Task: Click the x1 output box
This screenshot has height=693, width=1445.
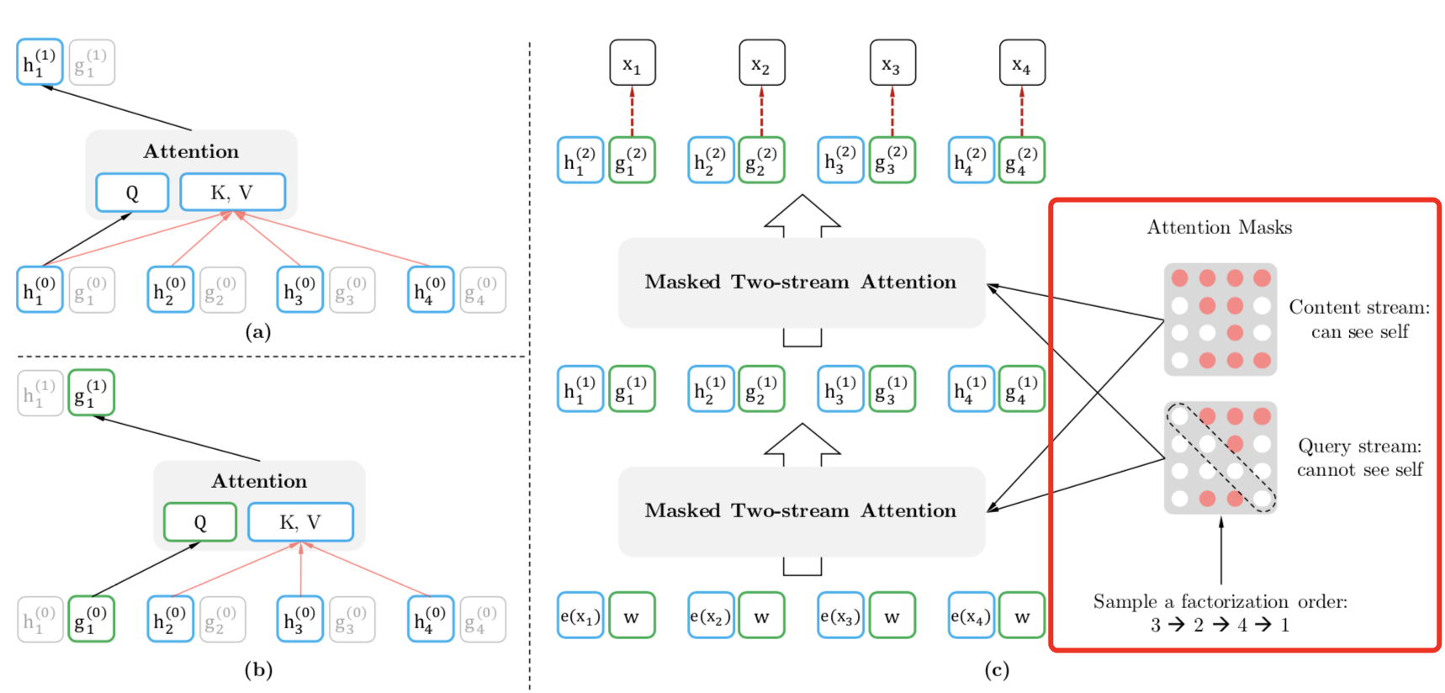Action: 632,63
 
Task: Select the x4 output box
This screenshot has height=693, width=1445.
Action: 1022,63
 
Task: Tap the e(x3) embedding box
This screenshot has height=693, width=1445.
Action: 840,616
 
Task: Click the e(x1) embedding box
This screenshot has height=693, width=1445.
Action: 580,616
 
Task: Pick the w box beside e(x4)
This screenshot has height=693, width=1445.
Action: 1022,616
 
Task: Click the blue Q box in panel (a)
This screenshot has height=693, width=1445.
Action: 132,193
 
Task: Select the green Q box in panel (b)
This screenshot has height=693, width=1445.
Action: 200,522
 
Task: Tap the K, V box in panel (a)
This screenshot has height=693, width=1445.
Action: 232,193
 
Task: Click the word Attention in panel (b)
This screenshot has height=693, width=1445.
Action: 259,481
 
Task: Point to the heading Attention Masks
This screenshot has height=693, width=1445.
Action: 1219,227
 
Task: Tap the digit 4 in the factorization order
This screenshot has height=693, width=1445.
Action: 1241,625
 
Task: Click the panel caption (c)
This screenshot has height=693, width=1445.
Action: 997,669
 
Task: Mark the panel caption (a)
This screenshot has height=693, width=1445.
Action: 257,331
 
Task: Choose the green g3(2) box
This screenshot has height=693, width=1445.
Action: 892,160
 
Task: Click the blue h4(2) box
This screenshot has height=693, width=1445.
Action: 971,160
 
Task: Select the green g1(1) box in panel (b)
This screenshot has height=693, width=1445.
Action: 91,393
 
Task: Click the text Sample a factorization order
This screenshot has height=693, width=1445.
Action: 1220,601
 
